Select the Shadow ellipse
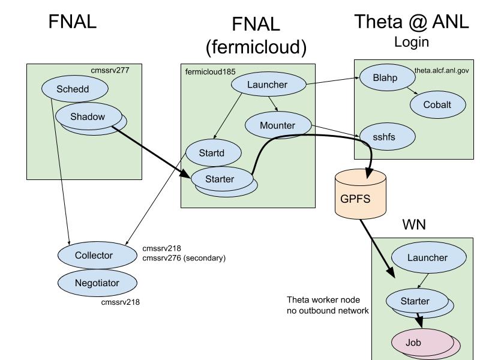88,117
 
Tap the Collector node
94,255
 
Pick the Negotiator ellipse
97,283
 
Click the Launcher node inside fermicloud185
268,85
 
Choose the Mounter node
278,125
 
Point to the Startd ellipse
212,153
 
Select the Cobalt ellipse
437,104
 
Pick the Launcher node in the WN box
428,257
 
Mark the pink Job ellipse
413,343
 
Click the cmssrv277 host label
110,70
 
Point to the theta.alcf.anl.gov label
442,70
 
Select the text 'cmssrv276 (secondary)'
184,258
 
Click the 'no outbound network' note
328,311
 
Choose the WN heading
414,225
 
